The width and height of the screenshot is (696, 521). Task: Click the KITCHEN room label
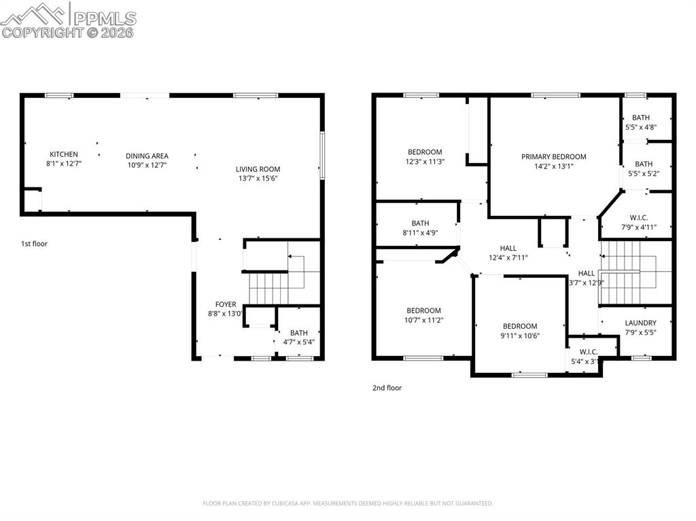click(x=64, y=155)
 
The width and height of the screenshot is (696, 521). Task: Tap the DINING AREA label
click(x=147, y=156)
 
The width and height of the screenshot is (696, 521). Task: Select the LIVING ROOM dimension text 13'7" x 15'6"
click(x=258, y=179)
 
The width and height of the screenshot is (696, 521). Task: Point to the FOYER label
click(x=226, y=304)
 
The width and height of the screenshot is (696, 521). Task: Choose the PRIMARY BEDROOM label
click(x=553, y=157)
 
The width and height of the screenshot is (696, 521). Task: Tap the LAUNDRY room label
click(x=640, y=323)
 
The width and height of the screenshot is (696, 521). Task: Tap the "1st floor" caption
click(x=35, y=243)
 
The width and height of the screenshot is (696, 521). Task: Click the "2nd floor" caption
click(x=387, y=388)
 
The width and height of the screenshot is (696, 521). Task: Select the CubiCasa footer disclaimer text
click(x=347, y=503)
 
